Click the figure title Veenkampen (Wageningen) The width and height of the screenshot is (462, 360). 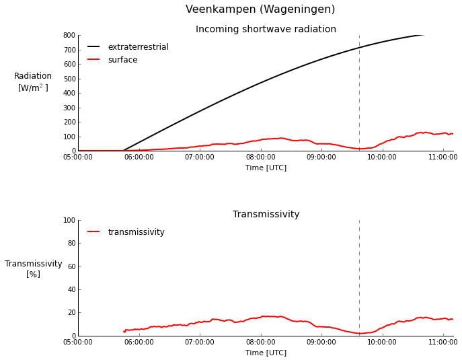[x=260, y=9]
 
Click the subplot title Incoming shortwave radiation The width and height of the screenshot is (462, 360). [x=266, y=30]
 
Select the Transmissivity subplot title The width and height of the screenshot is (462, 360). [x=266, y=215]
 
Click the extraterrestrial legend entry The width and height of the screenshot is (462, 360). [x=138, y=47]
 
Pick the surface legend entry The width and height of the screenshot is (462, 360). [x=122, y=60]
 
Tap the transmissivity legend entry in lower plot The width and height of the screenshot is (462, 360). [x=136, y=232]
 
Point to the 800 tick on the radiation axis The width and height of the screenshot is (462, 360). [x=69, y=36]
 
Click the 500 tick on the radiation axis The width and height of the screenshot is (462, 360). [x=69, y=79]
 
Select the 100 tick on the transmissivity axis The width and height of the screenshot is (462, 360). [x=69, y=221]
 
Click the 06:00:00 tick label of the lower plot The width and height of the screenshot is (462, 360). [x=139, y=343]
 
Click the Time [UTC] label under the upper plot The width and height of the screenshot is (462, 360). [x=266, y=168]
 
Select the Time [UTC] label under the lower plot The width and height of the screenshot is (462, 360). [x=266, y=353]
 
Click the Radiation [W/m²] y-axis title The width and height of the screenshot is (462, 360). [x=33, y=82]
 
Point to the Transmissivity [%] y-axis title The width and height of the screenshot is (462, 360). [x=33, y=269]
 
